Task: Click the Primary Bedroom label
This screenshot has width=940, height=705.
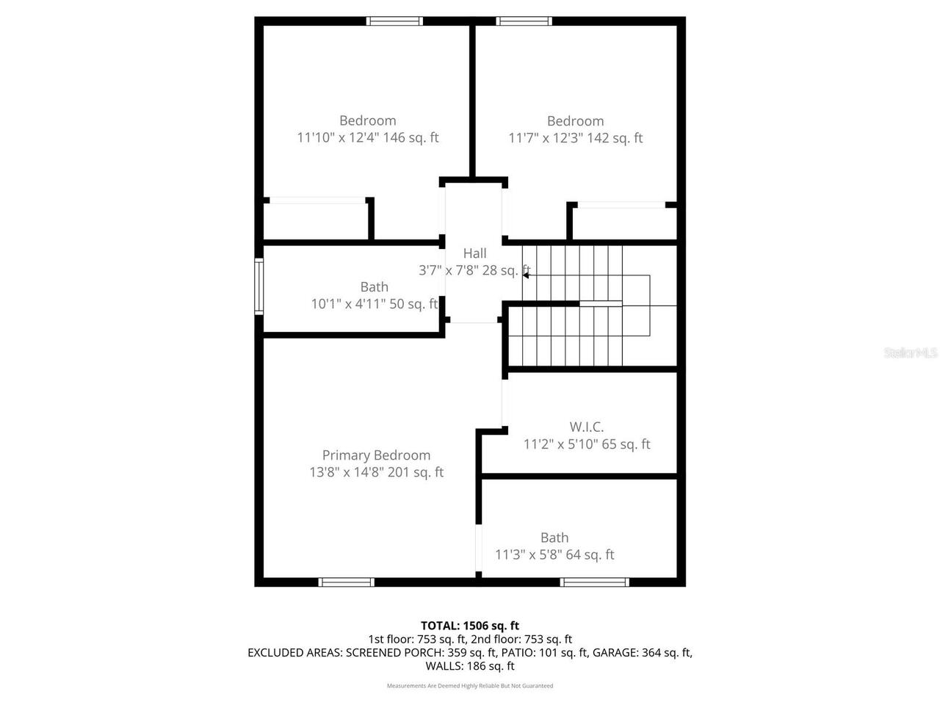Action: (376, 455)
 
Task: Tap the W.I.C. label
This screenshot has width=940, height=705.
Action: (586, 427)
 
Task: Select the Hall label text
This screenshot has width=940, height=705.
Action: (474, 253)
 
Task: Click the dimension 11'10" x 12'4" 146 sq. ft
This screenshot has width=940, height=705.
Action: (368, 137)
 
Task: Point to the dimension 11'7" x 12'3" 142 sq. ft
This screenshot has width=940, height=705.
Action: (575, 138)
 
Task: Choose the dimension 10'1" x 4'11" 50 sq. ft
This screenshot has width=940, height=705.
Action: (374, 304)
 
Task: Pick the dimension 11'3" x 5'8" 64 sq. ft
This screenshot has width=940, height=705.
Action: (554, 555)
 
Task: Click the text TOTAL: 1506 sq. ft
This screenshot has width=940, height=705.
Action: (470, 626)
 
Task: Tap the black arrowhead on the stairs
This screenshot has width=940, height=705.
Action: (526, 275)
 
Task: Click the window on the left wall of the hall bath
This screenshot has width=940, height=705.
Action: (258, 286)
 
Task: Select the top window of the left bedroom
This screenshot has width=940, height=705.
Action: (394, 21)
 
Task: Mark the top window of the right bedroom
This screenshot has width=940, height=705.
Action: (524, 21)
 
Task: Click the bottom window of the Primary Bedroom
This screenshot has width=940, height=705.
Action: (347, 582)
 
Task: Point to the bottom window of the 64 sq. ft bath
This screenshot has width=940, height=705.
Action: (594, 582)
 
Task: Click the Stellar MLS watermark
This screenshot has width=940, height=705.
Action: (910, 353)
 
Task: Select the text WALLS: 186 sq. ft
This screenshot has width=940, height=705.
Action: (470, 666)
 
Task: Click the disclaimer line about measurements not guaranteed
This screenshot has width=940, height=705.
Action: (470, 686)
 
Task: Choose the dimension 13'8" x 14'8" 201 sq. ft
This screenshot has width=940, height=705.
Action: (376, 472)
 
